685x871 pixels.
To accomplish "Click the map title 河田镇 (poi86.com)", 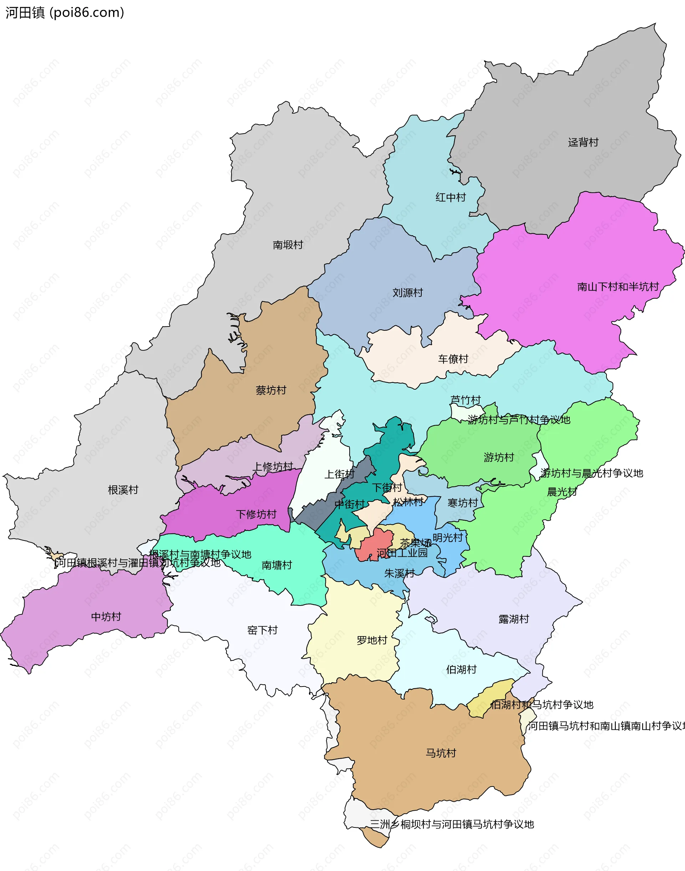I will (65, 13).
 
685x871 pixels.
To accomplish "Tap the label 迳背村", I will (583, 142).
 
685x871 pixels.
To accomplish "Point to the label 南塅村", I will (288, 245).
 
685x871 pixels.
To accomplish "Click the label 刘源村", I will (407, 293).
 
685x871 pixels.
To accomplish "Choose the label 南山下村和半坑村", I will (618, 287).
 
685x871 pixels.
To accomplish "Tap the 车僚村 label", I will (453, 359).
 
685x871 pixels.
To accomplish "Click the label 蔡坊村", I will (271, 390).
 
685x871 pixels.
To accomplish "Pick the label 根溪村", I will (123, 490).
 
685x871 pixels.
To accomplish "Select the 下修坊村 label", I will (256, 515).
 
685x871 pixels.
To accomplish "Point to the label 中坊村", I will (106, 617).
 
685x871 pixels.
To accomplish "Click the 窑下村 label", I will (262, 631).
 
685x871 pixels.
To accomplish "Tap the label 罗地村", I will (371, 640).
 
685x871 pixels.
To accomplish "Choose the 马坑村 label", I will (440, 753).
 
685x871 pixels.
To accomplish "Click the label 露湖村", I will (513, 619).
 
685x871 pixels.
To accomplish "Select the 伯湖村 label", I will (461, 670).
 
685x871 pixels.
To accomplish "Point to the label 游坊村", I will (498, 457).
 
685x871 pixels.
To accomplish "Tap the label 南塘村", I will (276, 566).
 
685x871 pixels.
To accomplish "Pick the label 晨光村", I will (562, 492).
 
